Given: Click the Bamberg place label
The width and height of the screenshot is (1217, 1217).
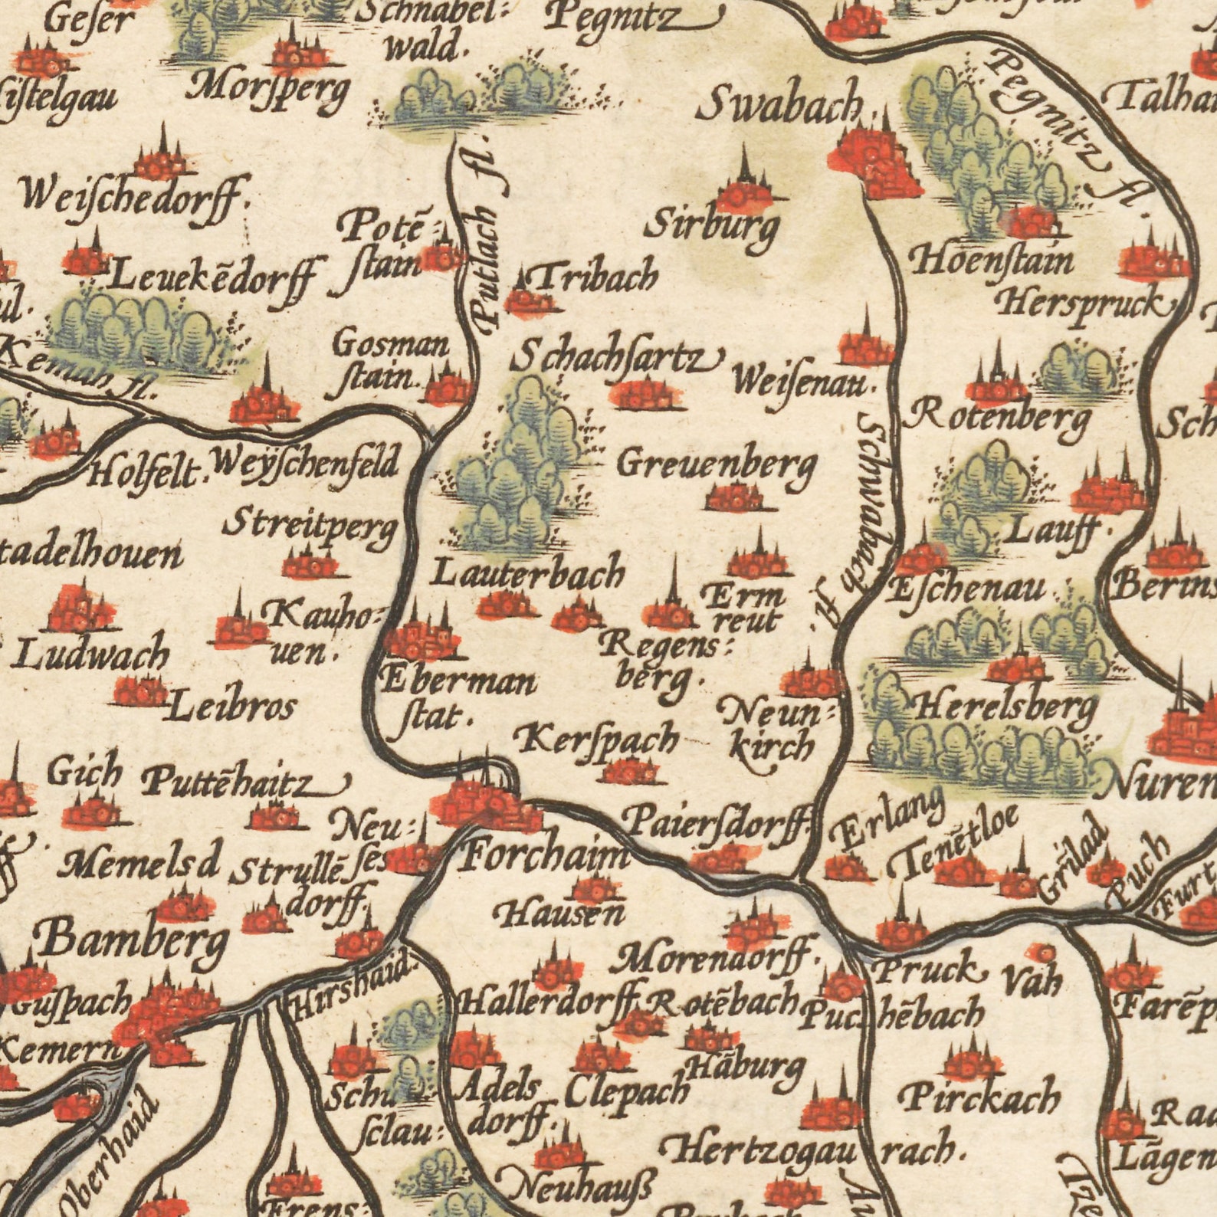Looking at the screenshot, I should (134, 939).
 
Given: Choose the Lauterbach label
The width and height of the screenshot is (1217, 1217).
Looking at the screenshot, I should (529, 572).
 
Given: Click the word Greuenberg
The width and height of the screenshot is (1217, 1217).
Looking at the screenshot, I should (717, 464).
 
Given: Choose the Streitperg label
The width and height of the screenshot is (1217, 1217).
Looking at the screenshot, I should (310, 529).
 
